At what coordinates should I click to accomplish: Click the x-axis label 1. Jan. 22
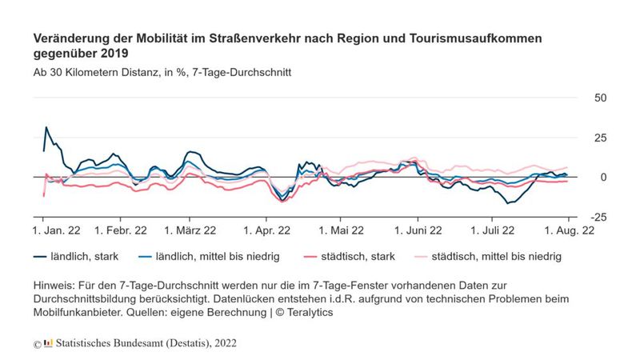[57, 230]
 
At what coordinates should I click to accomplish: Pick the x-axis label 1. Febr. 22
[120, 230]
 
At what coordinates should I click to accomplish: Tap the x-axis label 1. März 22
[190, 230]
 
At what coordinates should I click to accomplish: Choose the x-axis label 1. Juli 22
[490, 230]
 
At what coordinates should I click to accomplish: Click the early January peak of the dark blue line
[46, 127]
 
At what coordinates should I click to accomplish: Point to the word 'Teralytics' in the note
[308, 313]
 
